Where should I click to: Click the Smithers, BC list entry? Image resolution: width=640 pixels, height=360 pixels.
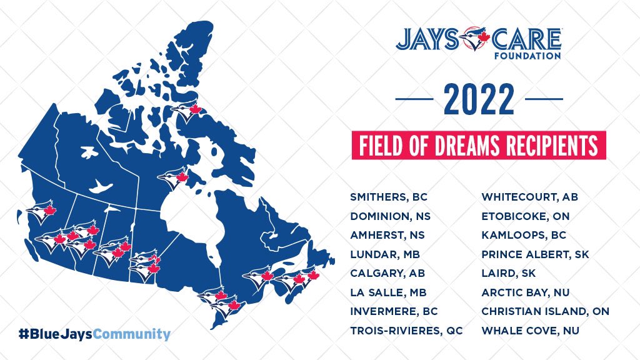coord(389,197)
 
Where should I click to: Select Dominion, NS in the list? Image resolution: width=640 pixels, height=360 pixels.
coord(391,216)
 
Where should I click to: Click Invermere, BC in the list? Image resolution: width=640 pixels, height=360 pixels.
coord(394,311)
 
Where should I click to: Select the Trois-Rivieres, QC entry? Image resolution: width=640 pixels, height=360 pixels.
coord(406,330)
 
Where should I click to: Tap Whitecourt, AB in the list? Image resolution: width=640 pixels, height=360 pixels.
coord(529,197)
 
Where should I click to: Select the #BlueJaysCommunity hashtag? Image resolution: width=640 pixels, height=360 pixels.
coord(94,334)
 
